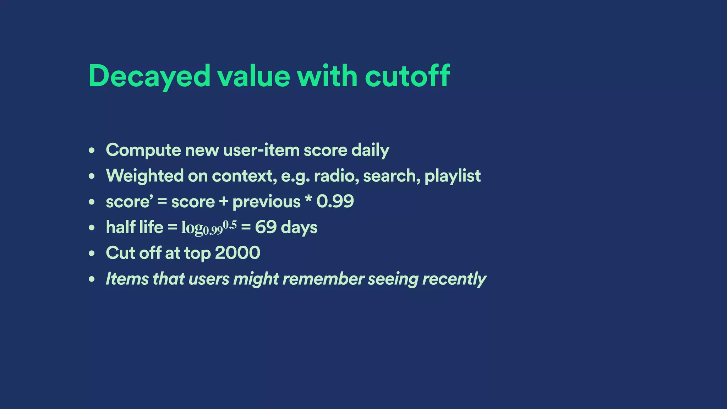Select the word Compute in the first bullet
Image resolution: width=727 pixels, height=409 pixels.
coord(143,150)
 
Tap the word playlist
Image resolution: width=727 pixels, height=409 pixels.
coord(452,176)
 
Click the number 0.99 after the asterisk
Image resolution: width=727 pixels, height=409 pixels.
coord(335,201)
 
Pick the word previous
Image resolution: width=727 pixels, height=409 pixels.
coord(266,202)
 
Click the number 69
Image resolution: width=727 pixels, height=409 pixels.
coord(266,227)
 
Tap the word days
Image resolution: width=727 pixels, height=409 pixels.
coord(299,228)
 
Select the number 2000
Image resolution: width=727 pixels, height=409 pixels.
coord(237,253)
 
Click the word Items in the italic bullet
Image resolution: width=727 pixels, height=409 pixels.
coord(127,279)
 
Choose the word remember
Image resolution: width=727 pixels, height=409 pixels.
coord(323,279)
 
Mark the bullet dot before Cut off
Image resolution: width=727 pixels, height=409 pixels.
coord(92,253)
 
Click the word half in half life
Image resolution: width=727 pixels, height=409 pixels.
coord(121,227)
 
